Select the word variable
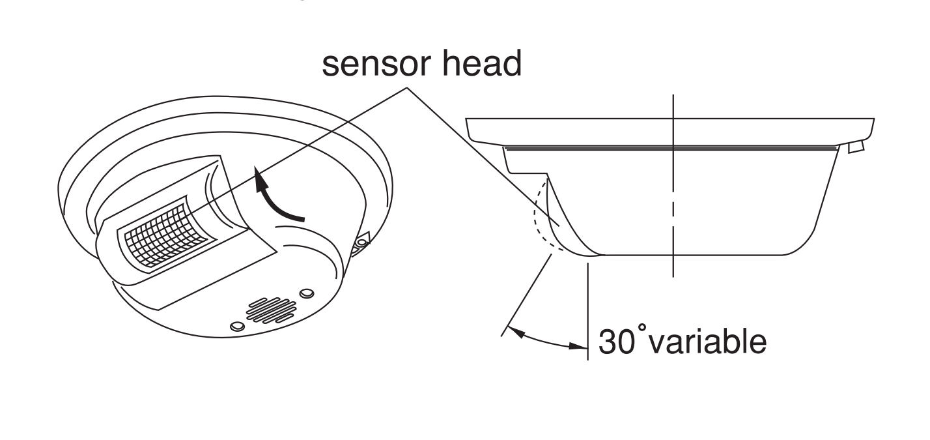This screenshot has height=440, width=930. point(707,341)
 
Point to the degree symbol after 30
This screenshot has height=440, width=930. point(642,328)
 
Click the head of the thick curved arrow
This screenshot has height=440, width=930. point(260,179)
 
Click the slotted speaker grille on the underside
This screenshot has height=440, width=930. point(272,310)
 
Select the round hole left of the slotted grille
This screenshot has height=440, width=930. point(238,326)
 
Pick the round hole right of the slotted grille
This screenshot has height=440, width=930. point(307,293)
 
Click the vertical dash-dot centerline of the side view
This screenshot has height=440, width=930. point(673,186)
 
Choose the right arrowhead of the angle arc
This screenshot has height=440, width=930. point(578,345)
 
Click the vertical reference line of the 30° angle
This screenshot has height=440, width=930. point(587,312)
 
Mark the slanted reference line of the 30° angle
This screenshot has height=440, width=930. point(526,295)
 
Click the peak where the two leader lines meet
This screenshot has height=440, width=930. point(407,87)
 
